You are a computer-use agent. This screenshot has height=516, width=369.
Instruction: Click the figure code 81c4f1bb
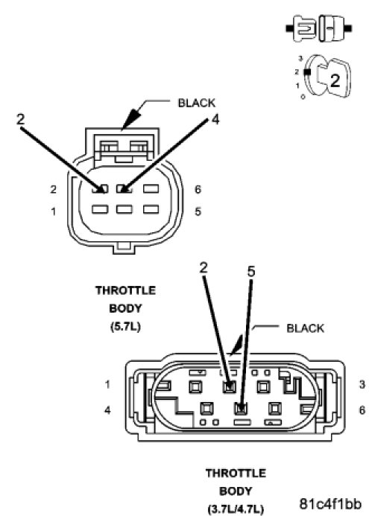point(330,503)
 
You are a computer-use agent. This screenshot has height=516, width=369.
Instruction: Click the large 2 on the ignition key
point(335,80)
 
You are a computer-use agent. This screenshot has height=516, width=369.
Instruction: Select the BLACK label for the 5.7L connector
point(196,103)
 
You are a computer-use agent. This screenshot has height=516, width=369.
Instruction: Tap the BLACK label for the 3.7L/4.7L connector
point(305,328)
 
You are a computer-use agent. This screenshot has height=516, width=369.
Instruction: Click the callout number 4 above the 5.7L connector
point(215,119)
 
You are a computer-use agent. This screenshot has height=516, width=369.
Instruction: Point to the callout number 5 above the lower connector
point(251,272)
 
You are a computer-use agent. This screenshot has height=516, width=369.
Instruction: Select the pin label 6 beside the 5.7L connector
point(198,189)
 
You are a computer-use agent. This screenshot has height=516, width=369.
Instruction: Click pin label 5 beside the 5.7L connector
point(198,211)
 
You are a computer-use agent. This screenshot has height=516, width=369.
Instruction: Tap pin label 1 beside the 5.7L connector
point(54,211)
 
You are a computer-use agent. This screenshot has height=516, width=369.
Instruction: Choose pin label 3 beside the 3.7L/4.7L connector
point(362,384)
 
